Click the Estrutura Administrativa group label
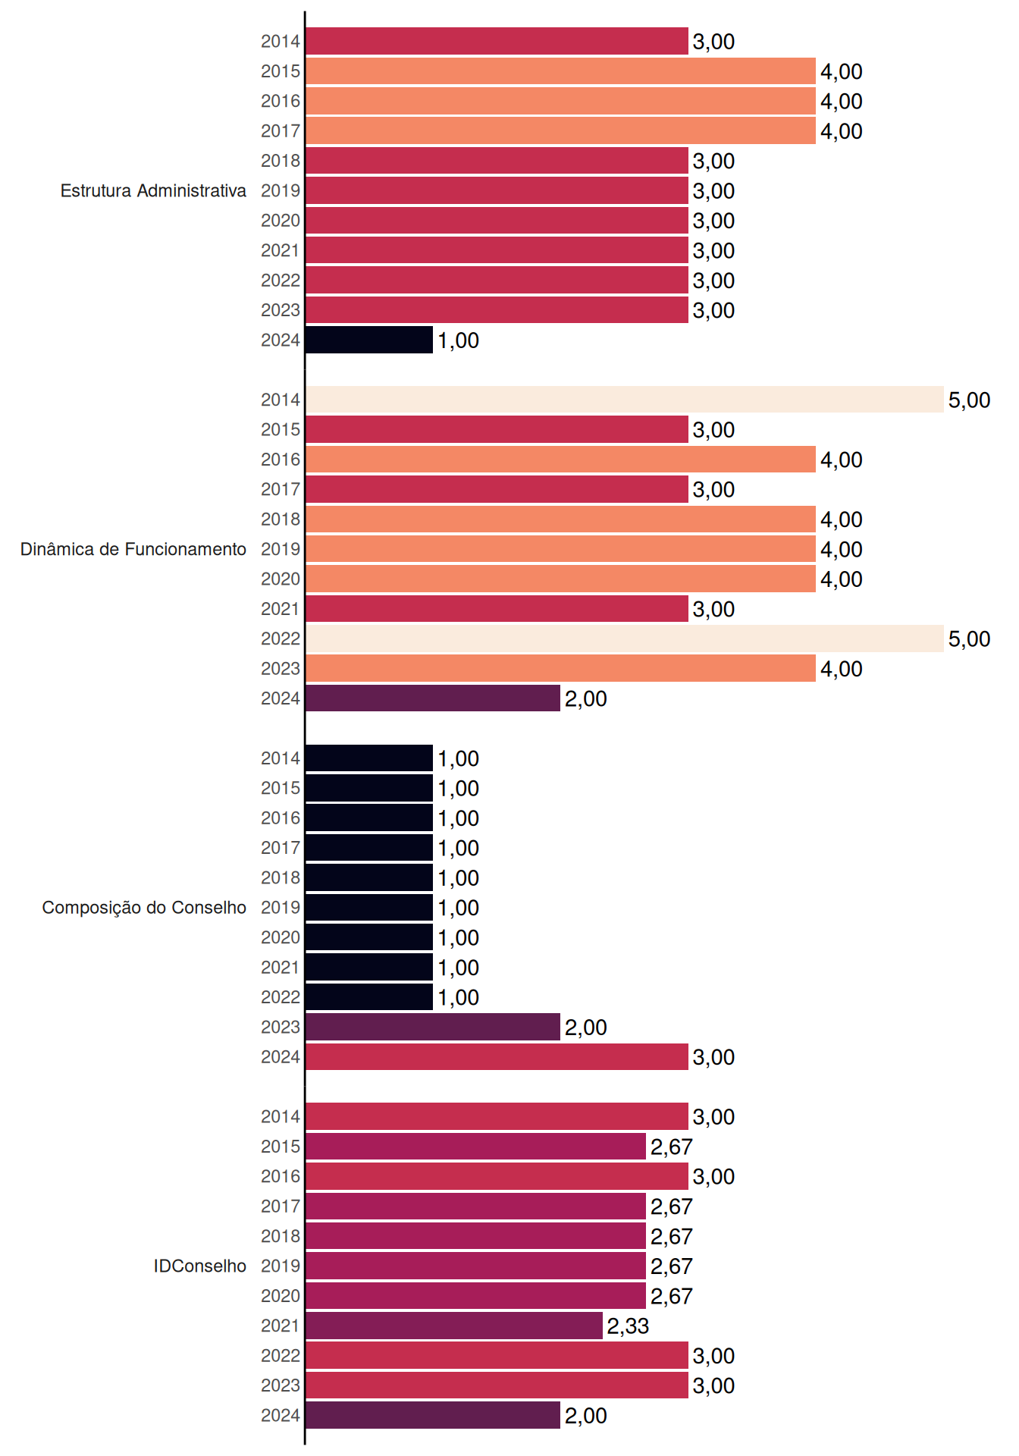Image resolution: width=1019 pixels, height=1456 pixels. pyautogui.click(x=153, y=190)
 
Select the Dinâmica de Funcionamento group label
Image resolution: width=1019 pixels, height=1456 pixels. pyautogui.click(x=133, y=549)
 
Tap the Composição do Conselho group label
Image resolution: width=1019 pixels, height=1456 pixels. pyautogui.click(x=144, y=908)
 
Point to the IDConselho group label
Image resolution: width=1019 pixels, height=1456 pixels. pyautogui.click(x=200, y=1266)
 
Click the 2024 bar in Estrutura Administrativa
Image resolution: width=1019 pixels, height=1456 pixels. pyautogui.click(x=369, y=340)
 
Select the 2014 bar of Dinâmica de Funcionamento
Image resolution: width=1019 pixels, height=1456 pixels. pyautogui.click(x=625, y=400)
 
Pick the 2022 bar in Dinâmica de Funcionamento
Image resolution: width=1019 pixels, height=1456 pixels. pyautogui.click(x=625, y=639)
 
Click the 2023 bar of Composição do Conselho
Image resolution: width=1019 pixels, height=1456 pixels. pyautogui.click(x=433, y=1027)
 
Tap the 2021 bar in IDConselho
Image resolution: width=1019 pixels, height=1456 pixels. pyautogui.click(x=454, y=1326)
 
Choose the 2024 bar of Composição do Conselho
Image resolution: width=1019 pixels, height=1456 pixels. pyautogui.click(x=497, y=1056)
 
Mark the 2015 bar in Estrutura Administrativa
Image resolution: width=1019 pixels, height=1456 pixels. pyautogui.click(x=560, y=71)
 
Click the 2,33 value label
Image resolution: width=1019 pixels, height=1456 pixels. pyautogui.click(x=628, y=1326)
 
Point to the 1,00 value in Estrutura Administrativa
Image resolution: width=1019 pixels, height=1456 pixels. pyautogui.click(x=458, y=340)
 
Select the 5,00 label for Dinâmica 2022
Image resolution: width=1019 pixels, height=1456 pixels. pyautogui.click(x=969, y=639)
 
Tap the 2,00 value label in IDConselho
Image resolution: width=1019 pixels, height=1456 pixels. pyautogui.click(x=585, y=1416)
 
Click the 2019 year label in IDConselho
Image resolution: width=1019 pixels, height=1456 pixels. pyautogui.click(x=281, y=1266)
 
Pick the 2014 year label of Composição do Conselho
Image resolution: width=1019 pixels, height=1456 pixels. pyautogui.click(x=281, y=758)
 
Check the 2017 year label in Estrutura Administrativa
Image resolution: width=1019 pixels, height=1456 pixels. pyautogui.click(x=281, y=131)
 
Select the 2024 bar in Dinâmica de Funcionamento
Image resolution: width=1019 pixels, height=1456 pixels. pyautogui.click(x=433, y=698)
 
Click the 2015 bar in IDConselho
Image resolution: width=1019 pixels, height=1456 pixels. pyautogui.click(x=475, y=1146)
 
